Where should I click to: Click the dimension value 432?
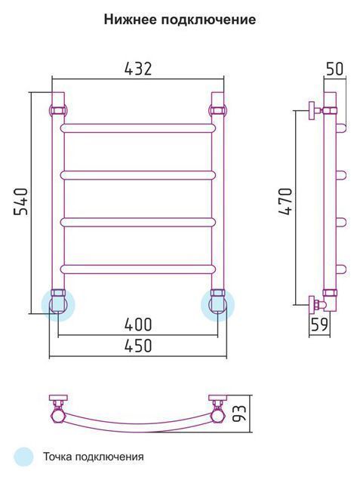pyautogui.click(x=138, y=69)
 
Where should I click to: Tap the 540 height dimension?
pyautogui.click(x=21, y=202)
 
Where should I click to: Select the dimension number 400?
pyautogui.click(x=138, y=325)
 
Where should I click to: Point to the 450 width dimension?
pyautogui.click(x=138, y=346)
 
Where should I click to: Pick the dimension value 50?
pyautogui.click(x=335, y=69)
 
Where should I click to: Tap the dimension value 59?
pyautogui.click(x=319, y=325)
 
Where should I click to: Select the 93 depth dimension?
pyautogui.click(x=239, y=414)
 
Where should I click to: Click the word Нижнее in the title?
pyautogui.click(x=131, y=20)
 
